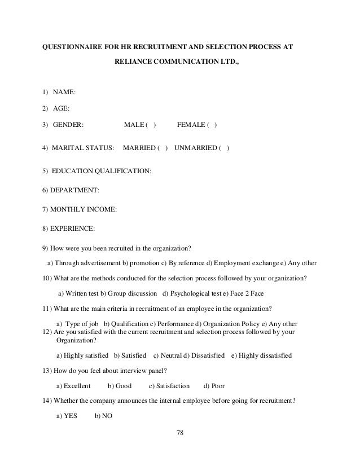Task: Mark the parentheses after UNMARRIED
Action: (224, 148)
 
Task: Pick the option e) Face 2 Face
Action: (240, 293)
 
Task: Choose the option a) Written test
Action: (84, 293)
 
